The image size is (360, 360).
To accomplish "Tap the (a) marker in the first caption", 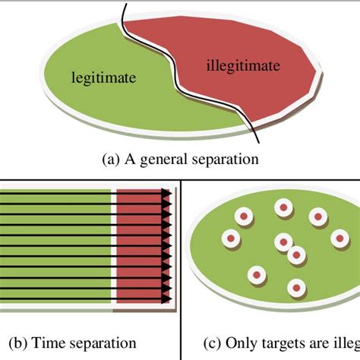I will (109, 159).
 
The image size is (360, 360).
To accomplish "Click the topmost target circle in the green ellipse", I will (283, 207).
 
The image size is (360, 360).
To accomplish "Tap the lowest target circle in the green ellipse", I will (295, 287).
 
